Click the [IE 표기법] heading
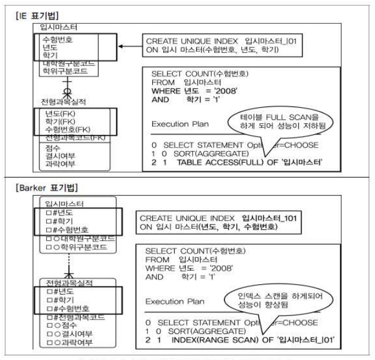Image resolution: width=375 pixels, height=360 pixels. click(33, 13)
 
